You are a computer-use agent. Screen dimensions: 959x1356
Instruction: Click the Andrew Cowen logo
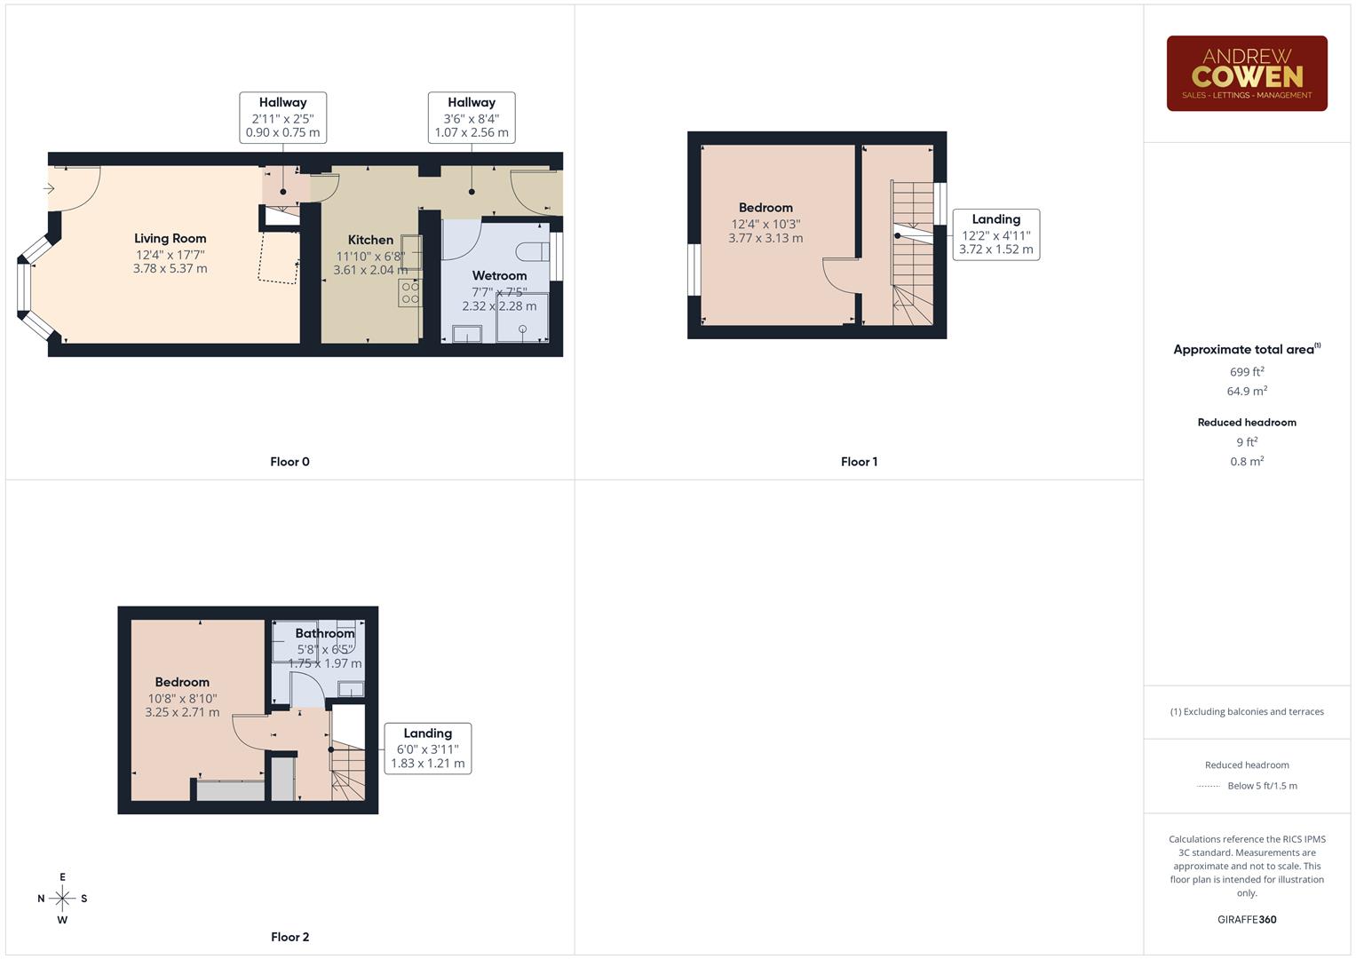click(x=1246, y=74)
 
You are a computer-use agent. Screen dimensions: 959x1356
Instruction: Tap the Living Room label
click(x=170, y=238)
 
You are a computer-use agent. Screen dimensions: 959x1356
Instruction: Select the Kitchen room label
click(x=370, y=240)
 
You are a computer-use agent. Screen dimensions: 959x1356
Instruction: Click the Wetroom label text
click(x=499, y=275)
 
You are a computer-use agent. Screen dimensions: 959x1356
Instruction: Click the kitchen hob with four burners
click(x=409, y=292)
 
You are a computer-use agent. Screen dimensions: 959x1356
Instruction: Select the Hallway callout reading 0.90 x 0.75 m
click(x=282, y=117)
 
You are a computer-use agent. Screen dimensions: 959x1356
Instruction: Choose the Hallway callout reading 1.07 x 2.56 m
click(x=471, y=117)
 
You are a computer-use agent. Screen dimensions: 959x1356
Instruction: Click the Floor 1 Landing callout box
click(x=995, y=234)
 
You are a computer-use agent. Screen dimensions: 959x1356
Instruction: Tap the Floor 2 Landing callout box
click(x=427, y=748)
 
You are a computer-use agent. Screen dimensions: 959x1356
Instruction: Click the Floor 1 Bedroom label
click(x=765, y=208)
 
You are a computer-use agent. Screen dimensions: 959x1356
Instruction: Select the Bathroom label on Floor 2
click(x=324, y=633)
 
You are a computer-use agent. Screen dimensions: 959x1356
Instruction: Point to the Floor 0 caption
click(x=289, y=462)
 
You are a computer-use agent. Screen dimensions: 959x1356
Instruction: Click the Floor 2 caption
click(x=289, y=937)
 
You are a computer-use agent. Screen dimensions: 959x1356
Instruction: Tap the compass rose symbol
click(x=62, y=899)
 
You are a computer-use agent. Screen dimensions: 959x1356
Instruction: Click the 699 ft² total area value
click(x=1246, y=372)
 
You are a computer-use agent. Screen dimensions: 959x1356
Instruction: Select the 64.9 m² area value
click(x=1246, y=391)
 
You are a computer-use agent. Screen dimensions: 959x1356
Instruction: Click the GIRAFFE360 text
click(x=1246, y=919)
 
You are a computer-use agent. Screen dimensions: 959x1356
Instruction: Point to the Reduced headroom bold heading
click(x=1246, y=423)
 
